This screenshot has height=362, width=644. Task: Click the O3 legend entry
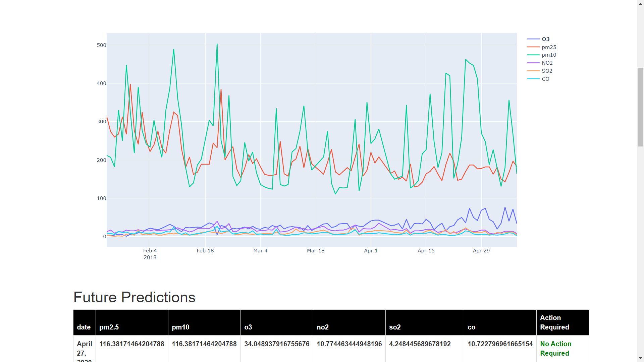point(545,39)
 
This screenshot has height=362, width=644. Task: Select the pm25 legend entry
point(549,47)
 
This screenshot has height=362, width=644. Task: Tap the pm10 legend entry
point(549,55)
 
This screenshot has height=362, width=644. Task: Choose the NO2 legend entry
point(547,63)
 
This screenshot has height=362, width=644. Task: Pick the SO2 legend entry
point(547,71)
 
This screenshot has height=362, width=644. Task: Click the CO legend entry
point(545,79)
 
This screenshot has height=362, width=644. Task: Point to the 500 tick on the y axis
point(101,45)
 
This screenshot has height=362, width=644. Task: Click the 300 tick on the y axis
point(101,122)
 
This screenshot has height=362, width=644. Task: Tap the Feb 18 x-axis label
point(205,251)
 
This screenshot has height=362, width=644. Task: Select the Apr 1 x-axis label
point(371,251)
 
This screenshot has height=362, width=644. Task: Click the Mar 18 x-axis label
point(315,251)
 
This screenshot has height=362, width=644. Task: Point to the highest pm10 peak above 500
point(217,44)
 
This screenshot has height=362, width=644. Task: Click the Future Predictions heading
point(134,297)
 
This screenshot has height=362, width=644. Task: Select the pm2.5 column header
point(109,327)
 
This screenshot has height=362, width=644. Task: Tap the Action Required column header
point(554,322)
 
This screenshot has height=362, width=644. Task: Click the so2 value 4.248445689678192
point(420,344)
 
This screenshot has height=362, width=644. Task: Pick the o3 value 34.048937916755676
point(277,344)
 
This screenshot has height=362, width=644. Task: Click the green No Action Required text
point(555,349)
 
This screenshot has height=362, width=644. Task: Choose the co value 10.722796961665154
point(500,344)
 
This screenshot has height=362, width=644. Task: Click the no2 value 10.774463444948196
point(349,344)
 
